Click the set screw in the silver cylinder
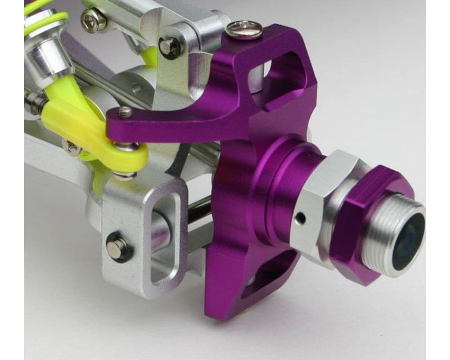(135, 88)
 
